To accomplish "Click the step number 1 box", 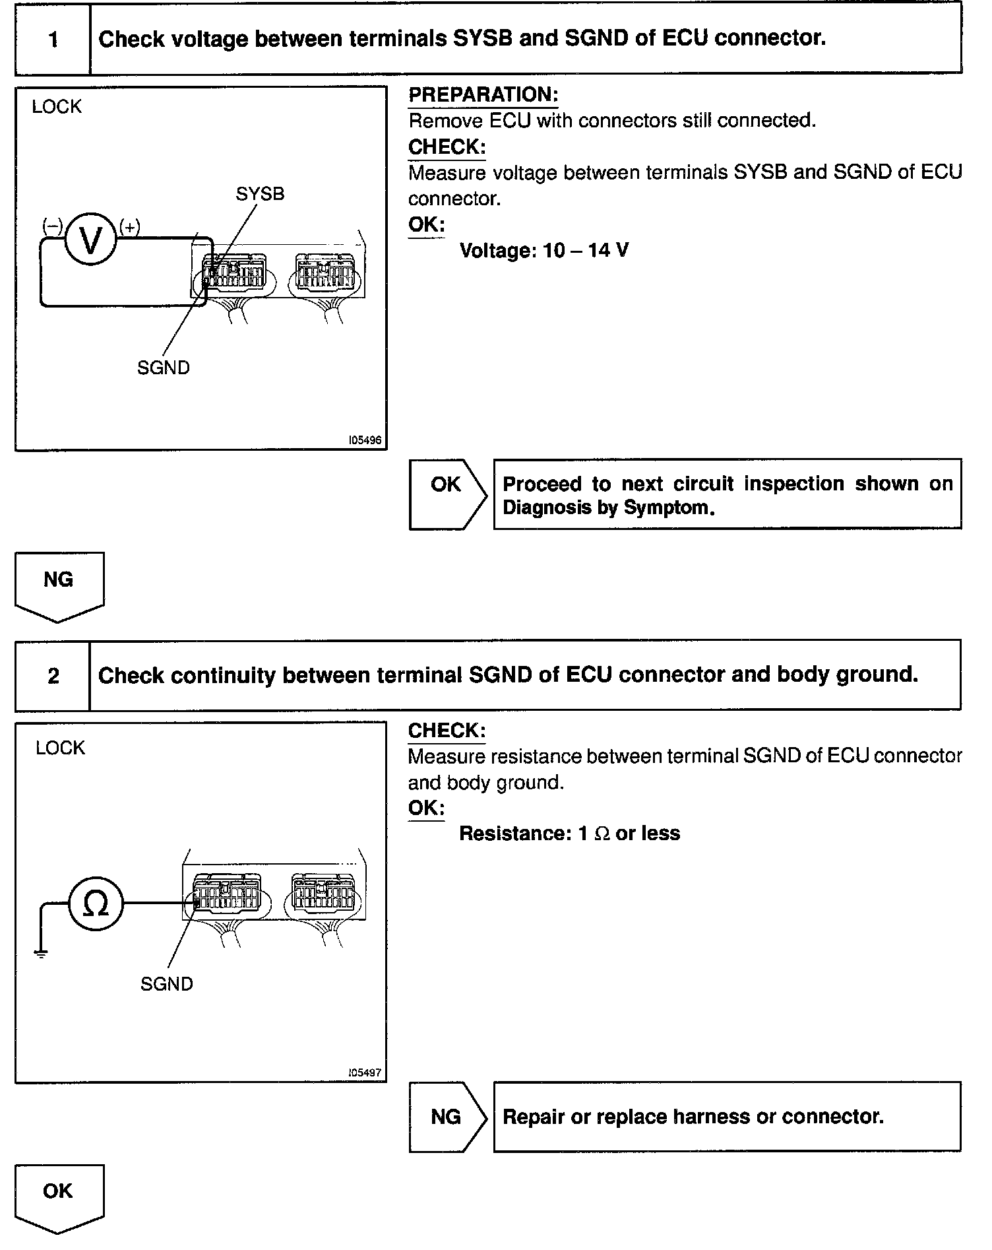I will coord(53,40).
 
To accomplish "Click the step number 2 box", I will coord(53,676).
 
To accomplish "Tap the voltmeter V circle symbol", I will coord(91,240).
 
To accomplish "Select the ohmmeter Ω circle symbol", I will coord(96,904).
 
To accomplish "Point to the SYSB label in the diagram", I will coord(260,194).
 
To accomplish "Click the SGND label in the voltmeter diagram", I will coord(164,368).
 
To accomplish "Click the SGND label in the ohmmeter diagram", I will coord(167,984).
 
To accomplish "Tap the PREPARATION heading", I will coord(483,95).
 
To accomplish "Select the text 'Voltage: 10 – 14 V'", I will coord(544,251).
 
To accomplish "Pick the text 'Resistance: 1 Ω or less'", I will coord(569,834).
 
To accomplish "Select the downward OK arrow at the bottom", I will coord(59,1197).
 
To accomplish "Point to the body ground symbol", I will coord(41,952).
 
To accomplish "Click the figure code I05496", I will coord(365,440).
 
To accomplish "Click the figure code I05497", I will coord(365,1072).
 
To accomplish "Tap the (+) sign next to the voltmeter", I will coord(129,227).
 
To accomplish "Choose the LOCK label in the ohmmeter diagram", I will coord(61,748).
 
